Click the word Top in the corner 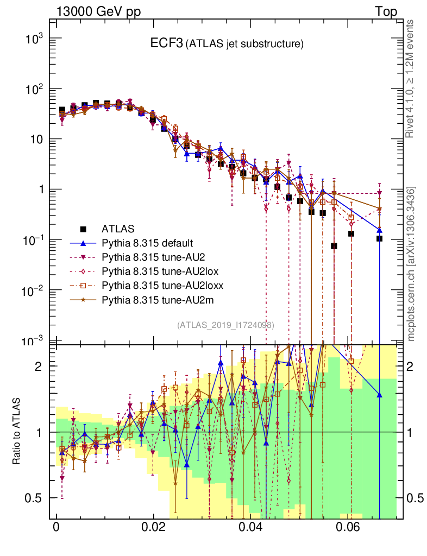pyautogui.click(x=386, y=11)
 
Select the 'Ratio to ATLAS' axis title pyautogui.click(x=17, y=432)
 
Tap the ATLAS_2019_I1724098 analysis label pyautogui.click(x=225, y=325)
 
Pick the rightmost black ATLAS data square pyautogui.click(x=379, y=238)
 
